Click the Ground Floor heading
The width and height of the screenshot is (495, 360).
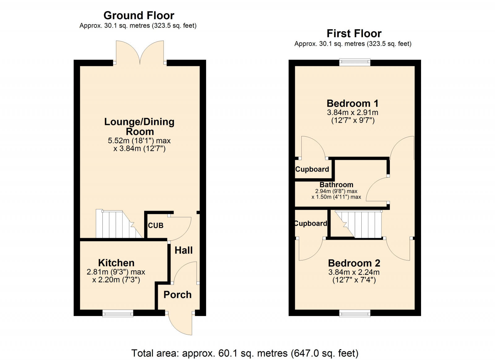(139, 15)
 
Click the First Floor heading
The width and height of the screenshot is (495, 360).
(354, 33)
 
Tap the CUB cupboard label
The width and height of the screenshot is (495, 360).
(156, 225)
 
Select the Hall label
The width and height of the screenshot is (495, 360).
(183, 250)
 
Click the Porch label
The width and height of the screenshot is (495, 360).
(177, 295)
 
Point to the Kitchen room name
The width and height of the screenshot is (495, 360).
(116, 263)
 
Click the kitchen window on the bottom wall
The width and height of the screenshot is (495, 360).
(118, 313)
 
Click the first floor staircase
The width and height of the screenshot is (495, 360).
(360, 224)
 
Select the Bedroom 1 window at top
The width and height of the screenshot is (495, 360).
(355, 62)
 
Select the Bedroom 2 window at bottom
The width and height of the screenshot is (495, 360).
(355, 313)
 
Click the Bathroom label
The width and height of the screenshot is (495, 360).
(336, 185)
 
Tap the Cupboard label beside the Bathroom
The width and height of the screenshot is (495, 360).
(312, 169)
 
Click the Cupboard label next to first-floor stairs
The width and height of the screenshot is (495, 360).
(311, 224)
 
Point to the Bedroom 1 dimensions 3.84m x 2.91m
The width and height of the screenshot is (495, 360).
(352, 113)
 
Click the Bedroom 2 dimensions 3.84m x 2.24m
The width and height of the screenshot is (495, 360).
(354, 272)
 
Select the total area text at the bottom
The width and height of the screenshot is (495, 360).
(245, 353)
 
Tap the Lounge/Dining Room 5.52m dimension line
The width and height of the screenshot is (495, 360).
(139, 141)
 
